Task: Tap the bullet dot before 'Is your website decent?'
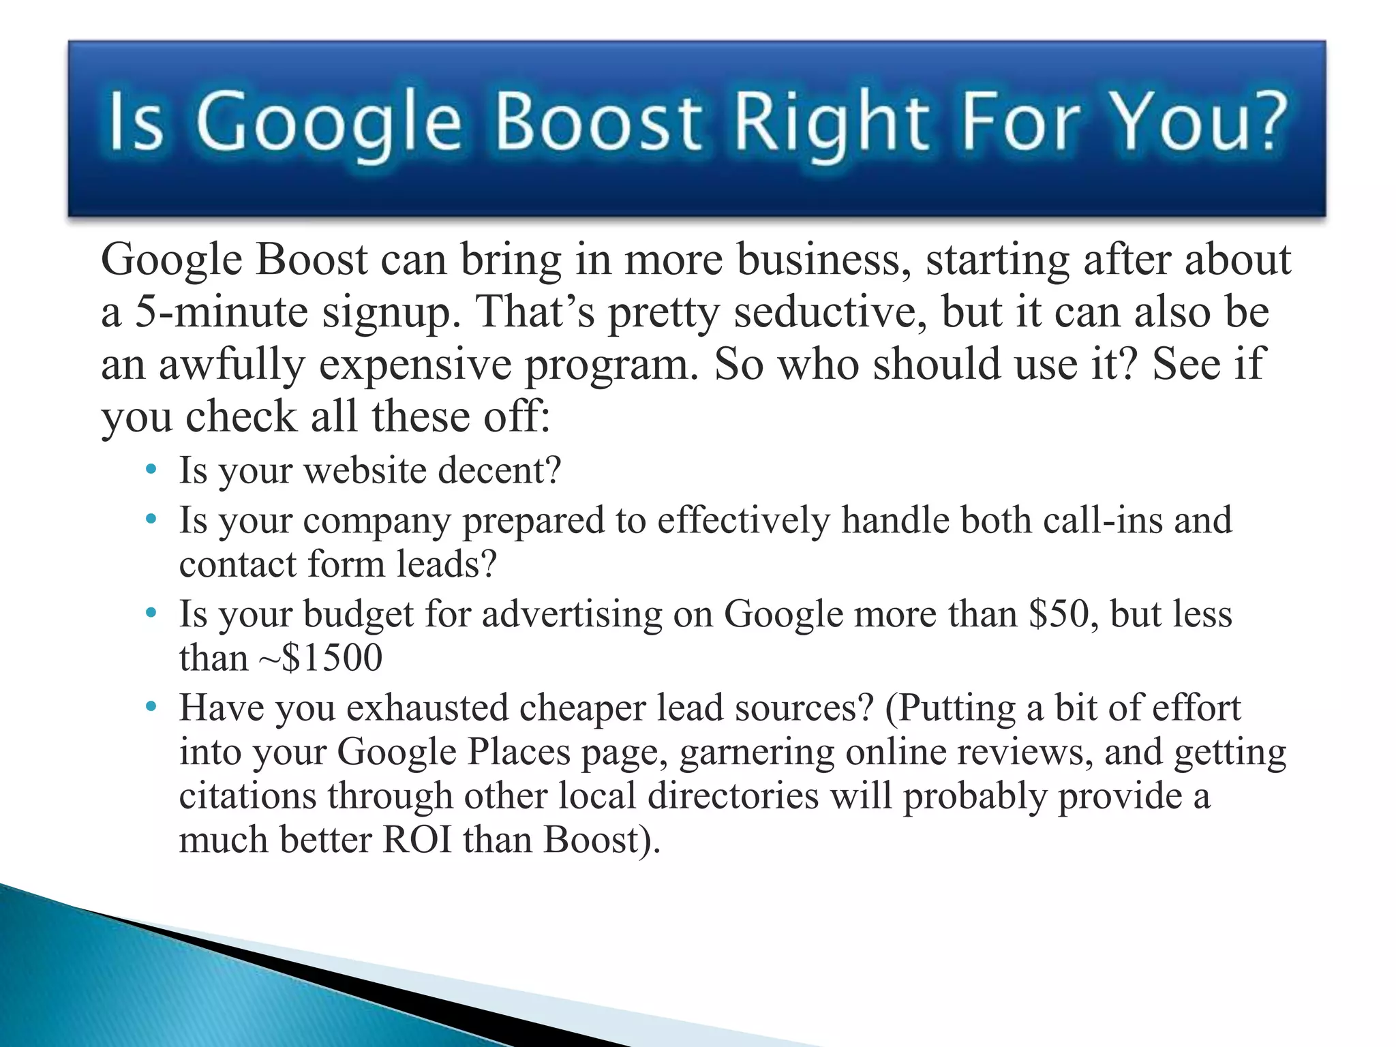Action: pyautogui.click(x=151, y=469)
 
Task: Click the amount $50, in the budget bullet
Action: pyautogui.click(x=1063, y=613)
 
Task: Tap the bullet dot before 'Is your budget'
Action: pyautogui.click(x=151, y=613)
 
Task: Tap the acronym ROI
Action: pyautogui.click(x=417, y=839)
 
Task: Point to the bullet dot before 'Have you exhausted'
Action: pyautogui.click(x=151, y=706)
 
